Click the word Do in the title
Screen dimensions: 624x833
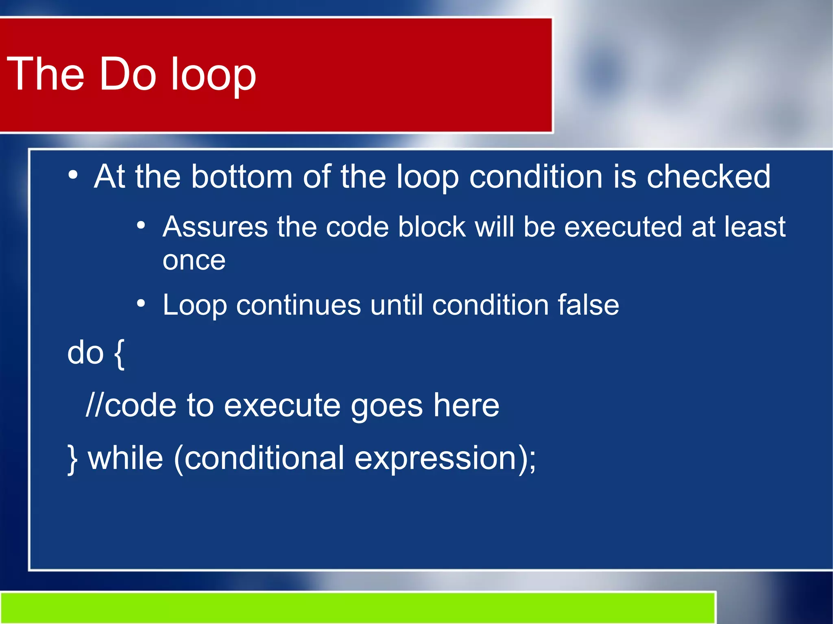click(x=128, y=74)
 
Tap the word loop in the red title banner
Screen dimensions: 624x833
click(x=213, y=75)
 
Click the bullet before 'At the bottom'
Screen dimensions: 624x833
click(x=73, y=175)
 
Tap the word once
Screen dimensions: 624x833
click(x=194, y=261)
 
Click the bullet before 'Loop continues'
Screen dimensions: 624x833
click(x=141, y=303)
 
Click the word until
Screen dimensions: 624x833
click(x=396, y=305)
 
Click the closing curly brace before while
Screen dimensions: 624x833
click(x=72, y=459)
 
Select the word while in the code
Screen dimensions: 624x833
click(x=126, y=458)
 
